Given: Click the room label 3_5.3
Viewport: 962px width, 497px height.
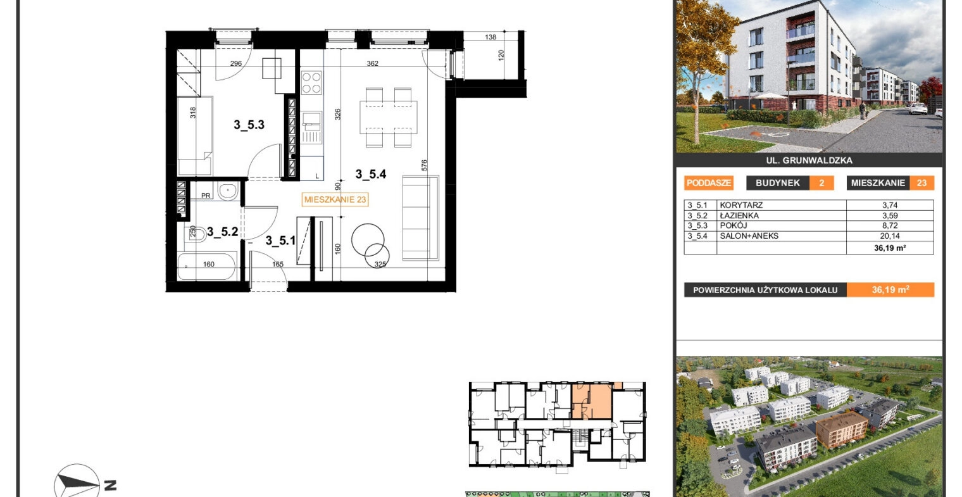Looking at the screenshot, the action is click(249, 125).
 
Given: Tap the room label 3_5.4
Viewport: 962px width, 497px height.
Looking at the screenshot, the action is click(371, 174).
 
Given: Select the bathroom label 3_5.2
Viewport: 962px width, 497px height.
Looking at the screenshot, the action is click(223, 232).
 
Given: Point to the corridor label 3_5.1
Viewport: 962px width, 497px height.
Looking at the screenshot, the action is click(280, 241).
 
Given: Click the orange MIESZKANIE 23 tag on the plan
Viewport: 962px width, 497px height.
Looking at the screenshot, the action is click(335, 199).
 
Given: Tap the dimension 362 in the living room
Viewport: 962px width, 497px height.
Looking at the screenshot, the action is click(372, 63).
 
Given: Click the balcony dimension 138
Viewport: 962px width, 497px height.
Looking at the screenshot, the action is click(490, 37).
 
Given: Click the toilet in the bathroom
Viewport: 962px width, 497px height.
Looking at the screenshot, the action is click(196, 234).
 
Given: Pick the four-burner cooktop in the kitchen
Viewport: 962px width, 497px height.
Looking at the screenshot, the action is click(311, 82).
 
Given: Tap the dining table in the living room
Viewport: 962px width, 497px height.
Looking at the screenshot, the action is click(388, 117).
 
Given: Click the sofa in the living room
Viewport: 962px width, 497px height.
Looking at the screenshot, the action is click(420, 218).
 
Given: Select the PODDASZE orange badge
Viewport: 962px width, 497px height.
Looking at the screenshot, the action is click(709, 183).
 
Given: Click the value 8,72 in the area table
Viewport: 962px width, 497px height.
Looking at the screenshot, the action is click(890, 225).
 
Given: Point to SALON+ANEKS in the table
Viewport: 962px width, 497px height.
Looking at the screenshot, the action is click(749, 236).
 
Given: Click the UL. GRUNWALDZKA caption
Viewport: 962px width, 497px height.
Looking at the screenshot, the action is click(809, 161).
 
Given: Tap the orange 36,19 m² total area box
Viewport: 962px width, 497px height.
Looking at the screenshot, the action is click(890, 290).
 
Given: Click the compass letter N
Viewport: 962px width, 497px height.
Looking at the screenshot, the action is click(110, 486).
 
